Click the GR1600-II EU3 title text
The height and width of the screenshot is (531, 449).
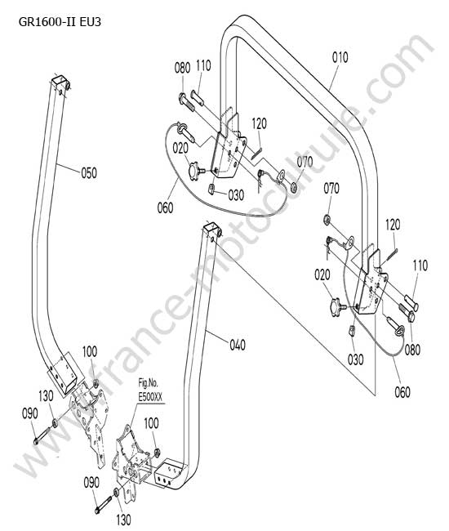pyautogui.click(x=60, y=22)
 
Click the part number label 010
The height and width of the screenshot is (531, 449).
pyautogui.click(x=340, y=57)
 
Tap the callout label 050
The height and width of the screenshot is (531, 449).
pyautogui.click(x=89, y=173)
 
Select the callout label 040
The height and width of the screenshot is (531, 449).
pyautogui.click(x=238, y=346)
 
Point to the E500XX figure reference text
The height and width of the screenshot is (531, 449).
pyautogui.click(x=150, y=398)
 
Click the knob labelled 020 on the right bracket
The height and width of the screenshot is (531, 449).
pyautogui.click(x=337, y=306)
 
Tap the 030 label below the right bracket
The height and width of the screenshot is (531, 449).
pyautogui.click(x=356, y=359)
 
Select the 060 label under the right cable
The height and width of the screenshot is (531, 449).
pyautogui.click(x=402, y=392)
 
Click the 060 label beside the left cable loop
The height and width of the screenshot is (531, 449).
pyautogui.click(x=166, y=207)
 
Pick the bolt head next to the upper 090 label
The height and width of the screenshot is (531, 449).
pyautogui.click(x=37, y=441)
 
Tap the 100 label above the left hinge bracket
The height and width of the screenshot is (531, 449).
pyautogui.click(x=90, y=351)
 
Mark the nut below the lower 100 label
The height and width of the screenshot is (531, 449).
pyautogui.click(x=157, y=452)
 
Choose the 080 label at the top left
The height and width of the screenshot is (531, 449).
pyautogui.click(x=182, y=68)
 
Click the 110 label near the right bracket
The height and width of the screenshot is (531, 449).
pyautogui.click(x=420, y=265)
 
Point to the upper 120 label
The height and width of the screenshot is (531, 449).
pyautogui.click(x=259, y=123)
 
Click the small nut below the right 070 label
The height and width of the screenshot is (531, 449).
pyautogui.click(x=327, y=220)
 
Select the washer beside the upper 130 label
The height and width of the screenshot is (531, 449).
pyautogui.click(x=55, y=423)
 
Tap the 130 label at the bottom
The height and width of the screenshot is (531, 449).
pyautogui.click(x=123, y=520)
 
